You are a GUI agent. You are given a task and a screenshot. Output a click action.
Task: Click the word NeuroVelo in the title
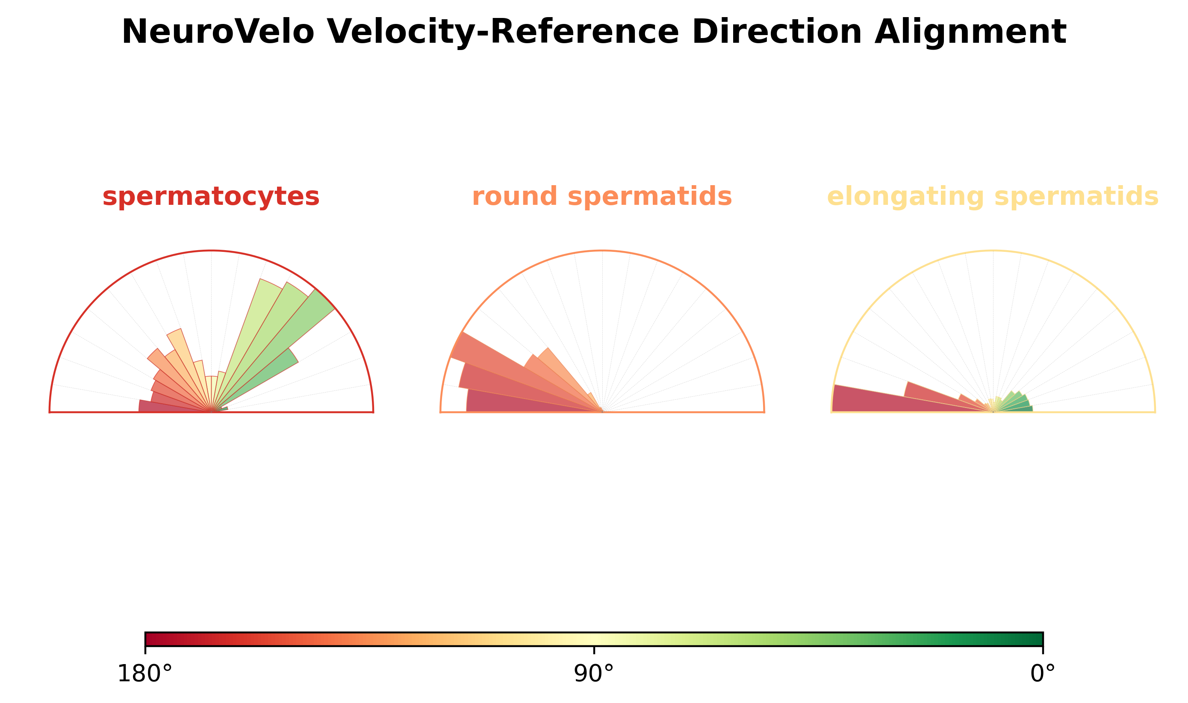[x=218, y=32]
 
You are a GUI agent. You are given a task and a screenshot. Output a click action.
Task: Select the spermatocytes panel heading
[x=211, y=197]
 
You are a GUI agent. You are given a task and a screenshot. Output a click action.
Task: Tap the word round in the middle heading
[x=515, y=196]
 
